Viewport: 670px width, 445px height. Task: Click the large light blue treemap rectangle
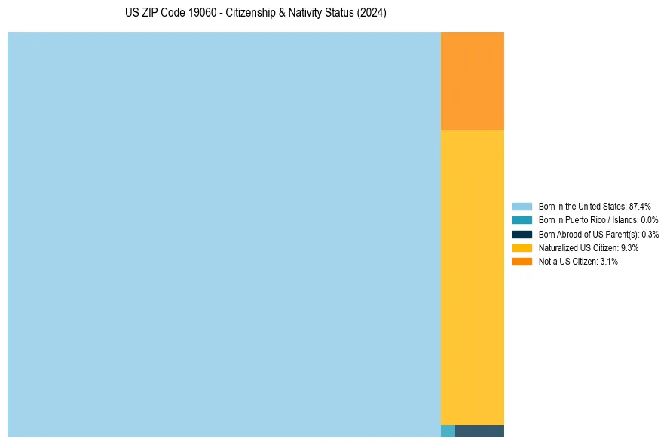point(224,235)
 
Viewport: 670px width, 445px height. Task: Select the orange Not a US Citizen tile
point(472,81)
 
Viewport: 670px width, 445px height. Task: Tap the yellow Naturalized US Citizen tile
point(472,278)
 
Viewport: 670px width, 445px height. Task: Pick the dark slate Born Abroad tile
point(479,431)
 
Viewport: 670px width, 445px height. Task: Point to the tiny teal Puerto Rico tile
point(448,431)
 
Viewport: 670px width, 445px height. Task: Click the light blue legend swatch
point(522,206)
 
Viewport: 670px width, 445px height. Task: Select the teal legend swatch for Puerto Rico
point(522,220)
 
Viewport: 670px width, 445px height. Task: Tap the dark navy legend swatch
point(522,234)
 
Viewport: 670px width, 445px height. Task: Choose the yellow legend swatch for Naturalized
point(522,247)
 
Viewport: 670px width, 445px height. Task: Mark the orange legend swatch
point(522,261)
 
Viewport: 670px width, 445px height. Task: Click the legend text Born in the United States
point(581,206)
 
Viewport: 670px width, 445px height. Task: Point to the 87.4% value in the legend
point(640,206)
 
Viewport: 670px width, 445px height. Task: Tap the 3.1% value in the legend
point(608,261)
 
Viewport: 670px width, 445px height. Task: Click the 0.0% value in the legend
point(650,220)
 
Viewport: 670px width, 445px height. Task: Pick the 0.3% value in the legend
point(650,234)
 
